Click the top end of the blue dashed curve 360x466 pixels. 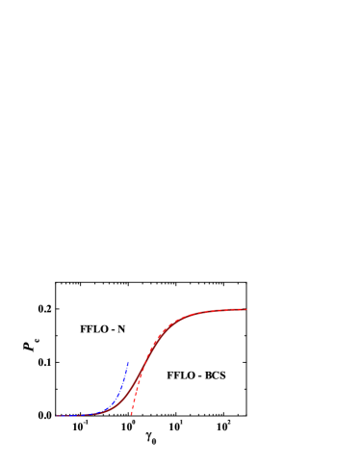click(x=128, y=362)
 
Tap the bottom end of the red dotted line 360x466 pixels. click(x=131, y=414)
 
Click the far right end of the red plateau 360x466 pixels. click(x=245, y=309)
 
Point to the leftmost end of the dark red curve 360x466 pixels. click(x=57, y=416)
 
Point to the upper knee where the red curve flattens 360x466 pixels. click(x=174, y=322)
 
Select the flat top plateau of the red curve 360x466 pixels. click(x=217, y=311)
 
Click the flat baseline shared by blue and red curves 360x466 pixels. click(x=77, y=416)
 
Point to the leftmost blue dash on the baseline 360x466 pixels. click(x=59, y=416)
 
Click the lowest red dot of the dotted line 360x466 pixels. click(x=131, y=414)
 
